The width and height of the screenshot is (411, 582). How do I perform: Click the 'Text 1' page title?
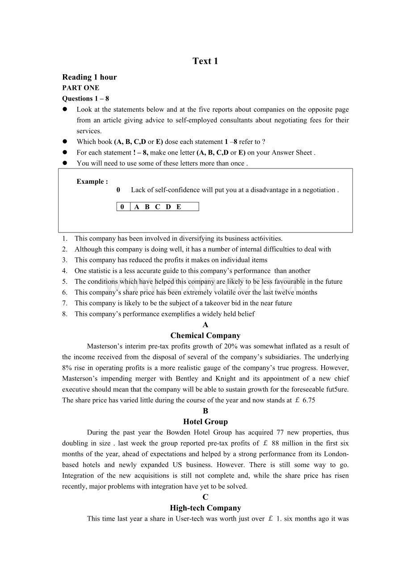click(205, 61)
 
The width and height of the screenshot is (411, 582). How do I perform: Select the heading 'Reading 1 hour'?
click(89, 77)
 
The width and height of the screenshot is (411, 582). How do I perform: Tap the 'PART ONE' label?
click(81, 88)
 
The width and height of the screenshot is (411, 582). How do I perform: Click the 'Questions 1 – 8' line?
click(85, 98)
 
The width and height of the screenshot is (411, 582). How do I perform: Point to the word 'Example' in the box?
click(91, 181)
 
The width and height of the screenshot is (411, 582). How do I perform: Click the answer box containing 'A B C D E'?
click(158, 207)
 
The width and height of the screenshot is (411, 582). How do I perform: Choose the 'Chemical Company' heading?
click(205, 336)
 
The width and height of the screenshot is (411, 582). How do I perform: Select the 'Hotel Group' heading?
click(205, 422)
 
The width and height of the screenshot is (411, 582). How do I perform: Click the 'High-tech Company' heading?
click(205, 508)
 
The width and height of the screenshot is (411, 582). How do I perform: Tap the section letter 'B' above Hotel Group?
click(205, 411)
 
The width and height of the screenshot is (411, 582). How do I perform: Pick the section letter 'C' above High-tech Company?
click(205, 497)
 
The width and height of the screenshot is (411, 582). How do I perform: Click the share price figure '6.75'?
click(309, 401)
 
